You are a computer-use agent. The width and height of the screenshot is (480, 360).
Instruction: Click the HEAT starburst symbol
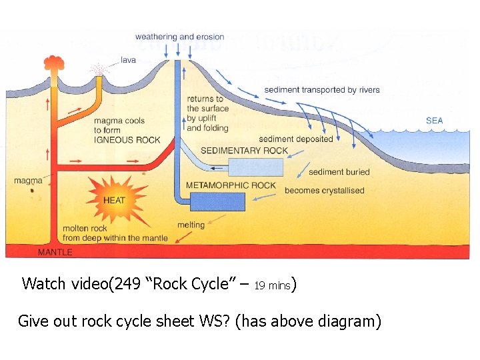tap(114, 199)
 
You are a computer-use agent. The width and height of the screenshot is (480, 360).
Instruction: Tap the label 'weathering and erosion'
tap(179, 37)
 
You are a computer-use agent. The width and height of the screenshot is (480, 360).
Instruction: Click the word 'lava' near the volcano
tap(128, 60)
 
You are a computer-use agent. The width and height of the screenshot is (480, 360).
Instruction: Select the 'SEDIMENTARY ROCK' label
tap(244, 151)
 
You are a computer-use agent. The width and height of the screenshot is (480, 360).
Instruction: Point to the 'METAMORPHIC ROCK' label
tap(231, 185)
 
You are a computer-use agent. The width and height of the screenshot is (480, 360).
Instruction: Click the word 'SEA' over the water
tap(434, 121)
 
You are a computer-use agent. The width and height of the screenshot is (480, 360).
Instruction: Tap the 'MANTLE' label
tap(55, 253)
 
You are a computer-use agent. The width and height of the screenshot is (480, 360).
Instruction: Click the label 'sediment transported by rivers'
tap(321, 90)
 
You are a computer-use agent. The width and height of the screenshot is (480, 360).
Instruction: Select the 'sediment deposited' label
tap(295, 139)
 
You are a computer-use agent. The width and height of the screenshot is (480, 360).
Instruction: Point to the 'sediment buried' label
tap(339, 172)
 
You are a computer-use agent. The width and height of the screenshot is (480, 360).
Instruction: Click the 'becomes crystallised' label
tap(324, 191)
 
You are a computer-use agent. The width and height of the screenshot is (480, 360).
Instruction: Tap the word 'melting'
tap(191, 225)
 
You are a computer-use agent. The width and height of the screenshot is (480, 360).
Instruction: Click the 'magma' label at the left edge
tap(28, 181)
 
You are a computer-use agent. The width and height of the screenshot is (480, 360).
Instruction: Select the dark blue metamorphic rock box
tap(217, 201)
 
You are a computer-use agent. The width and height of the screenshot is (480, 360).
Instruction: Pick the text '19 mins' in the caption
tap(273, 285)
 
